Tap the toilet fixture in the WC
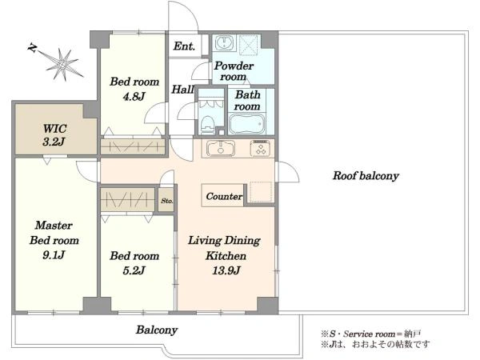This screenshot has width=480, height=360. tap(207, 125)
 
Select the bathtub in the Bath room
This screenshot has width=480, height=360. tap(246, 124)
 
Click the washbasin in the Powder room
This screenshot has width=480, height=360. tap(224, 42)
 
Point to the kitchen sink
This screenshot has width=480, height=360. tap(221, 149)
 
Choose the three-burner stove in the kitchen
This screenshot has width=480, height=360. tap(261, 148)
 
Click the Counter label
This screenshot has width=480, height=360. tap(224, 196)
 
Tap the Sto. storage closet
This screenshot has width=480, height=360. tap(166, 201)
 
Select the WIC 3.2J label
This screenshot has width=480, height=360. tap(54, 135)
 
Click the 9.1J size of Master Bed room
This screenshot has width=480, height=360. tap(54, 254)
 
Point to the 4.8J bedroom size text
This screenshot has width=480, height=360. tap(134, 97)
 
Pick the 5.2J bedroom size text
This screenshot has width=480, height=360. tap(134, 270)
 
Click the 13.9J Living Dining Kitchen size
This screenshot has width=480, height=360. tap(226, 270)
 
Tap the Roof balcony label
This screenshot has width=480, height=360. tap(366, 176)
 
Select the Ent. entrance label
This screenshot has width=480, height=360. tap(184, 46)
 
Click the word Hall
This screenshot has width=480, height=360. tap(182, 89)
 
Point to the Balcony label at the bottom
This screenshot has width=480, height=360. tap(157, 330)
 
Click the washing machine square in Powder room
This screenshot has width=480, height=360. tap(249, 45)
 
